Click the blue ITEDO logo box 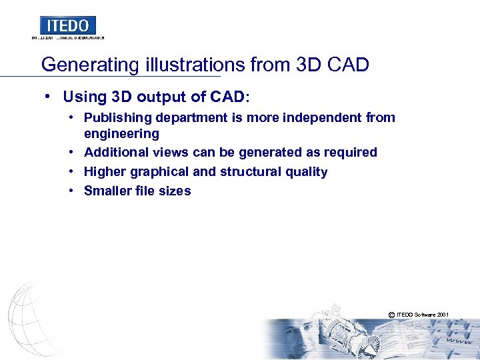[67, 25]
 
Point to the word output [157, 97]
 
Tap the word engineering [121, 133]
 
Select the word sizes [173, 191]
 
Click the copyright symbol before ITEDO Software [391, 314]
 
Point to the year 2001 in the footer [442, 314]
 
